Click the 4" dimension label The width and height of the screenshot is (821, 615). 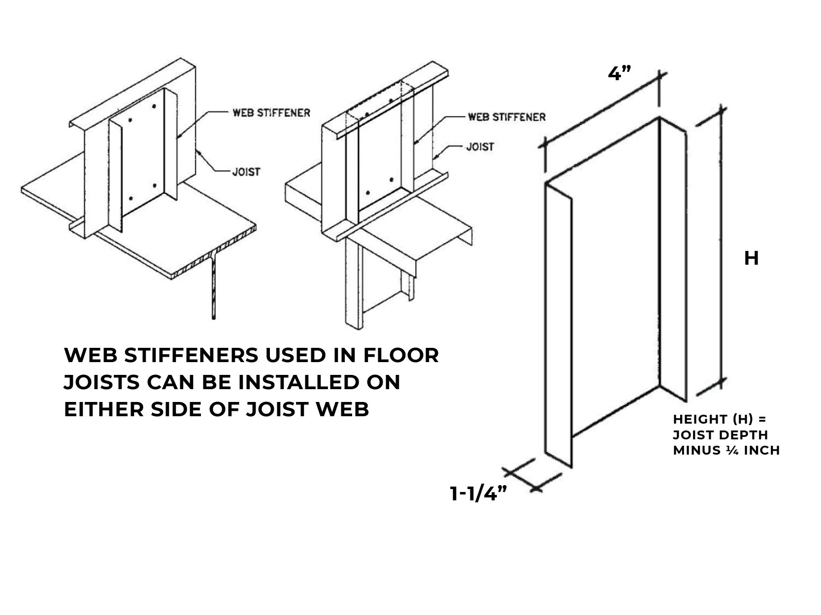click(620, 74)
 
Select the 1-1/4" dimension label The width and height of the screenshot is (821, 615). click(479, 494)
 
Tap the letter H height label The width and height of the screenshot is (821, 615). click(751, 258)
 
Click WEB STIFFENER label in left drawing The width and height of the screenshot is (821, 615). click(271, 113)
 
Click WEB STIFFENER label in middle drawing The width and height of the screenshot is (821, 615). click(506, 117)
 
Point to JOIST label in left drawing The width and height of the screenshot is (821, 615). click(246, 172)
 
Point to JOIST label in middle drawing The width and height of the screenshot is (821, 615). click(480, 147)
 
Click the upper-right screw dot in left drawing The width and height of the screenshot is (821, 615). click(154, 107)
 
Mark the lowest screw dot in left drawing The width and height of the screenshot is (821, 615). click(131, 198)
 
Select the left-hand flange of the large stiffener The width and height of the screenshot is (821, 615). click(558, 325)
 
